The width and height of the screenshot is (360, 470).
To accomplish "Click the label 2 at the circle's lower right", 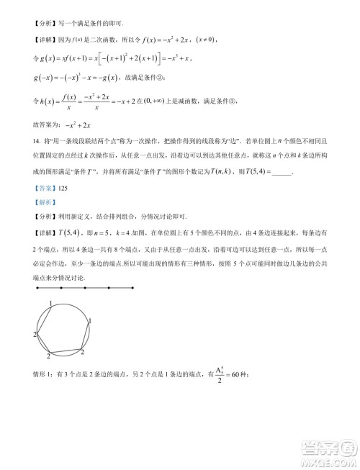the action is click(81, 352).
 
